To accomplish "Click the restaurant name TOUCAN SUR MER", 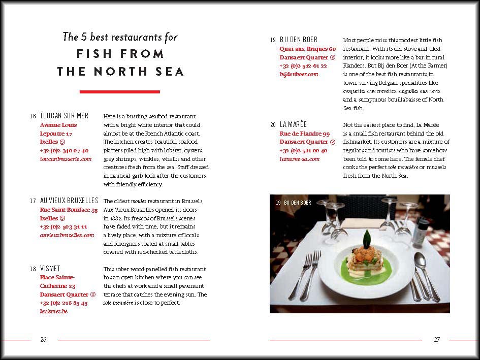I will (x=64, y=116).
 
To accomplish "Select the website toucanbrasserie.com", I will (x=66, y=159).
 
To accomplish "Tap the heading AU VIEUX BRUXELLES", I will (x=69, y=201).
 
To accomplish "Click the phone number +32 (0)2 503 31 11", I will (x=63, y=226).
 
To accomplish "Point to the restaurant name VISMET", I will (x=50, y=269).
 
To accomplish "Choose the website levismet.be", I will (x=53, y=311).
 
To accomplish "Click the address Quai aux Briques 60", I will (x=307, y=49).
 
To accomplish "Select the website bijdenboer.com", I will (x=299, y=74).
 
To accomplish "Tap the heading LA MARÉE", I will (x=294, y=124).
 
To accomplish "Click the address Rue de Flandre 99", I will (x=304, y=134).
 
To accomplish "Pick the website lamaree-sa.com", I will (x=299, y=159).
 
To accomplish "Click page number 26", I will (x=44, y=340).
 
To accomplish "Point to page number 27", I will (x=436, y=340).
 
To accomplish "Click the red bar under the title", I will (x=120, y=92).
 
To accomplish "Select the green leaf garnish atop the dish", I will (x=366, y=237).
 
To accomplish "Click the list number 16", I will (x=33, y=116).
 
